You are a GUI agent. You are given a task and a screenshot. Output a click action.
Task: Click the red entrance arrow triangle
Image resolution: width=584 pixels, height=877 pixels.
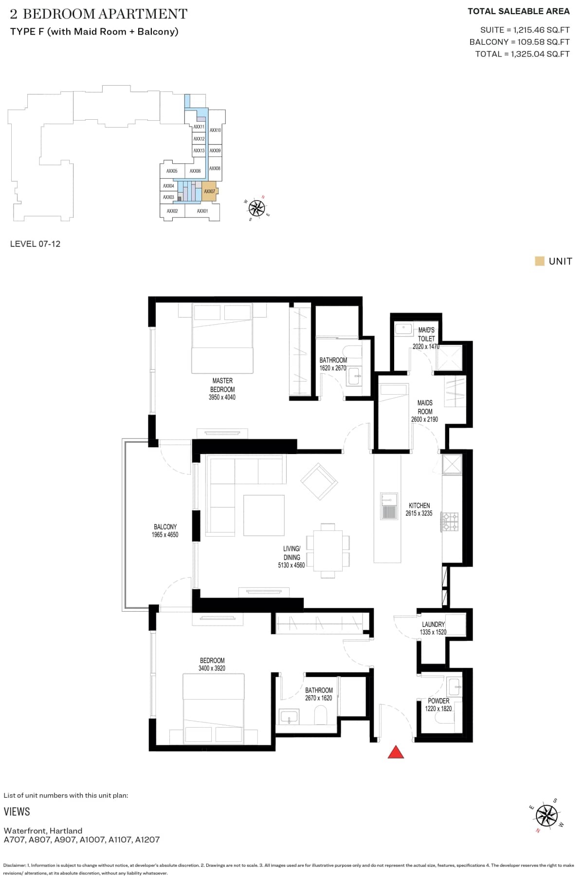pyautogui.click(x=396, y=752)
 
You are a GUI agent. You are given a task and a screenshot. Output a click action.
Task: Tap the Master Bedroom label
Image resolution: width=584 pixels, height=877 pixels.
pyautogui.click(x=222, y=385)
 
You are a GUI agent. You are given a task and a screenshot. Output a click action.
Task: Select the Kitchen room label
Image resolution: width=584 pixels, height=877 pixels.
pyautogui.click(x=419, y=506)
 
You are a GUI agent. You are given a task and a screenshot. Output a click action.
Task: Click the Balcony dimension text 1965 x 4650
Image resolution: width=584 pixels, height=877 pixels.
pyautogui.click(x=165, y=535)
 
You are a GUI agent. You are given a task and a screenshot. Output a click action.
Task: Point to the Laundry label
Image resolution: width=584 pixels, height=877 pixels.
pyautogui.click(x=433, y=624)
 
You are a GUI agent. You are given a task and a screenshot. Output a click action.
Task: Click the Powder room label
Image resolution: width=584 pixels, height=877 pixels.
pyautogui.click(x=438, y=701)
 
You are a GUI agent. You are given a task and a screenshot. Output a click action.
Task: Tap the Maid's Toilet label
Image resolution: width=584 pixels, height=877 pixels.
pyautogui.click(x=426, y=334)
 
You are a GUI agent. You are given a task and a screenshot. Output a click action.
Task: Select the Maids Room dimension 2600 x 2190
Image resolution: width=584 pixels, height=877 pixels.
pyautogui.click(x=424, y=419)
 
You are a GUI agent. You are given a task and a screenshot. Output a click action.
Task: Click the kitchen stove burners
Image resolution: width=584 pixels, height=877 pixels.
pyautogui.click(x=450, y=521)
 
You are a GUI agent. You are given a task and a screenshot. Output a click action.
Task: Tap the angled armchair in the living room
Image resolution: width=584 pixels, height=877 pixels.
pyautogui.click(x=319, y=481)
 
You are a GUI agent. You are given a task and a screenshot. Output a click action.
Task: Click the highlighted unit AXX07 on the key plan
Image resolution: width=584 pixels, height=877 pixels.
pyautogui.click(x=209, y=191)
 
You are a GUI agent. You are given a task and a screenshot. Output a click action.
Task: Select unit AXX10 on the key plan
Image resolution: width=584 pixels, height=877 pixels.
pyautogui.click(x=215, y=130)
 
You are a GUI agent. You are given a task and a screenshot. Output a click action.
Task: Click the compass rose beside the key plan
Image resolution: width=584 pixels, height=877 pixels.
pyautogui.click(x=256, y=208)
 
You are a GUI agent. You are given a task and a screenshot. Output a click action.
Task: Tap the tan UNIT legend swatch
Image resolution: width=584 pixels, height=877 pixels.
pyautogui.click(x=539, y=261)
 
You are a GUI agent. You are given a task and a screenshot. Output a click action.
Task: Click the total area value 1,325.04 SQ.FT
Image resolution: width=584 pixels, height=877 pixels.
pyautogui.click(x=540, y=54)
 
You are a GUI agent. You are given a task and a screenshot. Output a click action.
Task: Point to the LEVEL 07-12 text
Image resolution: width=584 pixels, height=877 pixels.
pyautogui.click(x=36, y=244)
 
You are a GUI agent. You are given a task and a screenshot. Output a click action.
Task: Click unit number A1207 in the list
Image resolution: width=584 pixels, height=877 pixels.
pyautogui.click(x=147, y=840)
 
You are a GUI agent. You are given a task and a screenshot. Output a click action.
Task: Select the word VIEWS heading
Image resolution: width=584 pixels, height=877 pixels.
pyautogui.click(x=17, y=811)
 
